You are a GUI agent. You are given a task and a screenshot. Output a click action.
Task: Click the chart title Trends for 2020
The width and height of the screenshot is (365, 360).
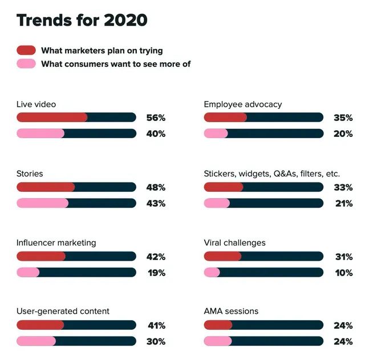[x=82, y=20]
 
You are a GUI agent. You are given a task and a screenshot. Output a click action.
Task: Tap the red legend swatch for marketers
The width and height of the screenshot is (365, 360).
[x=26, y=50]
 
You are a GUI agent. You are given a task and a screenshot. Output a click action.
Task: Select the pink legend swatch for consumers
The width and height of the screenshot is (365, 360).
[x=26, y=63]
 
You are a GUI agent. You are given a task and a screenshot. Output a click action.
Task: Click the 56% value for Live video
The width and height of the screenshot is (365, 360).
[x=156, y=118]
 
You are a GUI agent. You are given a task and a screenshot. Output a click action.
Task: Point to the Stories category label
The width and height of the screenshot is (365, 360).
[x=30, y=173]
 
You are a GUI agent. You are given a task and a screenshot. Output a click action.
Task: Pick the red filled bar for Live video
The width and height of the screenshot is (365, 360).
[x=52, y=118]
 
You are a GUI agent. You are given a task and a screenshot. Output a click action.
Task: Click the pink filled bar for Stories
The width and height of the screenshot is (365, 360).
[x=43, y=203]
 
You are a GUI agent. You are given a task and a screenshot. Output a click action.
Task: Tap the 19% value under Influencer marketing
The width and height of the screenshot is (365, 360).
[x=156, y=273]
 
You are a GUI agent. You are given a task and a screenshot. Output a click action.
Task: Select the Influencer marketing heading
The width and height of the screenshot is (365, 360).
[x=56, y=242]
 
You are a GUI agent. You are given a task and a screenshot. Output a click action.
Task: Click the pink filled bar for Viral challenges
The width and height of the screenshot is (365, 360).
[x=212, y=272]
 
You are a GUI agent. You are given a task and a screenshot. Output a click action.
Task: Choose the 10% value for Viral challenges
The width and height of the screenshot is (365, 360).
[x=344, y=273]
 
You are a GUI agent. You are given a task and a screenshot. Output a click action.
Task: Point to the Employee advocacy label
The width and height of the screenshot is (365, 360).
[x=243, y=104]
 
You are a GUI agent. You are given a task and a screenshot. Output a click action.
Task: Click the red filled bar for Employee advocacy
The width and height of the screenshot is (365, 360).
[x=225, y=118]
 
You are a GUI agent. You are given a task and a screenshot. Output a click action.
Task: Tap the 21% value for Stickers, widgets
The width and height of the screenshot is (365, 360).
[x=344, y=204]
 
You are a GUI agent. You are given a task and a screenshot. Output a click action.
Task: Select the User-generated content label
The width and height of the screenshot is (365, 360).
[x=63, y=311]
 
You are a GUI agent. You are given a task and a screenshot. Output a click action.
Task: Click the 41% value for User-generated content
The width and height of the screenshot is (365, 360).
[x=156, y=326]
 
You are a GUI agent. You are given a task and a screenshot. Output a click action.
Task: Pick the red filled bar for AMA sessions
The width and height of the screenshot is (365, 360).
[x=218, y=325]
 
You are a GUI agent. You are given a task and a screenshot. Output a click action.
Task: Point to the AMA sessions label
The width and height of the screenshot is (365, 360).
[x=231, y=311]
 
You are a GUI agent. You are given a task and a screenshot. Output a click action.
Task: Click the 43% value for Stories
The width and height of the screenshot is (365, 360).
[x=156, y=204]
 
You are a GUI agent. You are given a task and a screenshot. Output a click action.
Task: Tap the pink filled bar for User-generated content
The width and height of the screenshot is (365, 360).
[x=36, y=341]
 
